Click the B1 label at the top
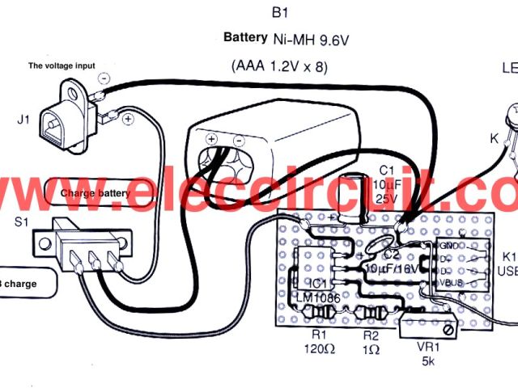[281, 13]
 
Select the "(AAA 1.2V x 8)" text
[279, 66]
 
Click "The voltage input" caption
[62, 65]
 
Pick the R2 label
[371, 333]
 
